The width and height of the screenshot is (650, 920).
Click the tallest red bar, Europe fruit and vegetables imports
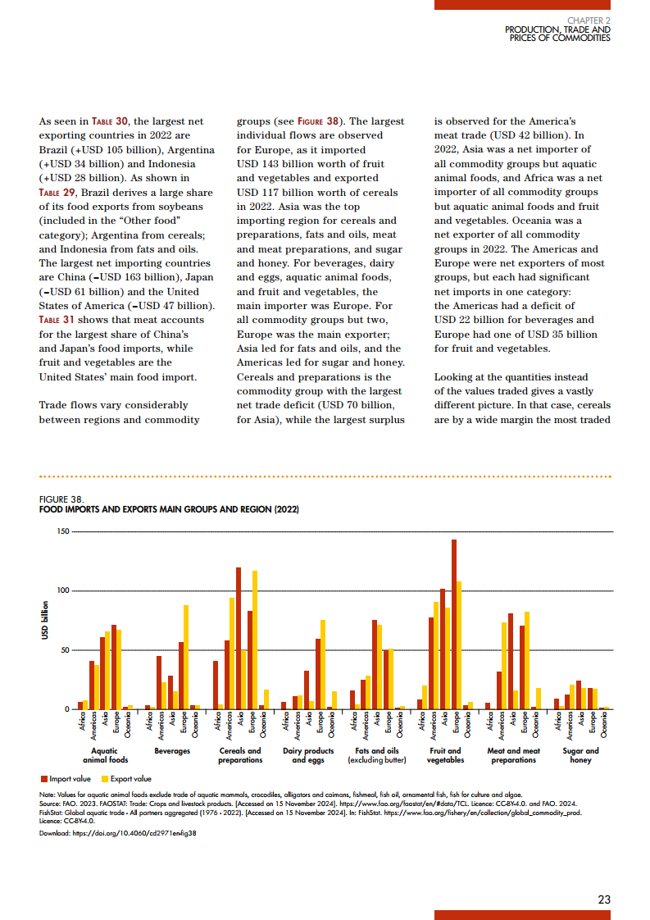[454, 624]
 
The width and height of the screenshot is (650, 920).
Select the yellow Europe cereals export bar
[255, 640]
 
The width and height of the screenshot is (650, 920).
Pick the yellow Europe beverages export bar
[186, 657]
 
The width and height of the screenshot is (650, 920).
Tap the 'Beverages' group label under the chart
[172, 751]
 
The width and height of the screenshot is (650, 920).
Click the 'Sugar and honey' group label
[580, 755]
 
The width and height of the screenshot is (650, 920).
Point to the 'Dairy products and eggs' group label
[308, 755]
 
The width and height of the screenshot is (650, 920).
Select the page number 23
[604, 900]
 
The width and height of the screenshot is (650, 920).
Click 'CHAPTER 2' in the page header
[589, 20]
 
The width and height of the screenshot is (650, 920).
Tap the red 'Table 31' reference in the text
[57, 320]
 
